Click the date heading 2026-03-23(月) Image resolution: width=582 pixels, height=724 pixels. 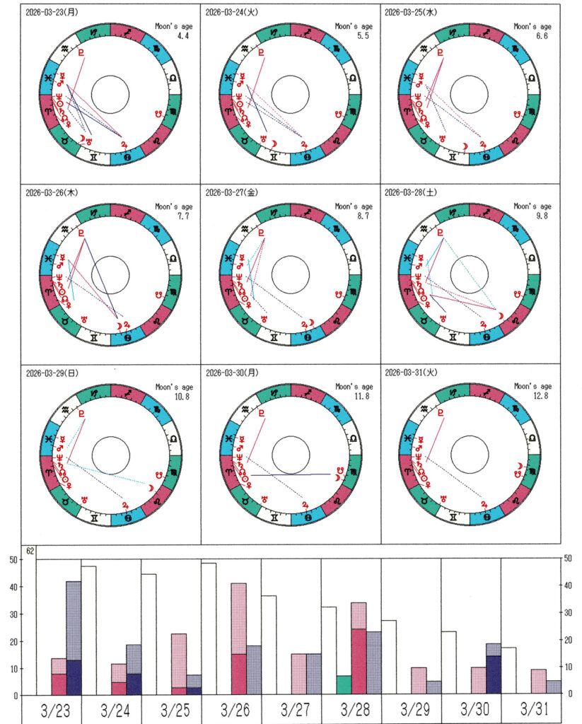54,13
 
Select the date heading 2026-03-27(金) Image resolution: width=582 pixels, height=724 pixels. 234,193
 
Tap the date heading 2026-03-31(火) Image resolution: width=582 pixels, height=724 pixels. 413,373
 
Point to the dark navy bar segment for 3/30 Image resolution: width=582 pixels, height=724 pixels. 493,675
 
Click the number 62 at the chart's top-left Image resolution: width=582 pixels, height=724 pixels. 30,551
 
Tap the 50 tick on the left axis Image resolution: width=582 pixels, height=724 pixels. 12,560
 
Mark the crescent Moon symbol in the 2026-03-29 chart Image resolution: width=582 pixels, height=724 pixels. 151,489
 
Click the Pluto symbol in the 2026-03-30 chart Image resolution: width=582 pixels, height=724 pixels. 262,413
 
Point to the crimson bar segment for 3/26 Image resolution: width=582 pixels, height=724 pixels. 239,675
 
